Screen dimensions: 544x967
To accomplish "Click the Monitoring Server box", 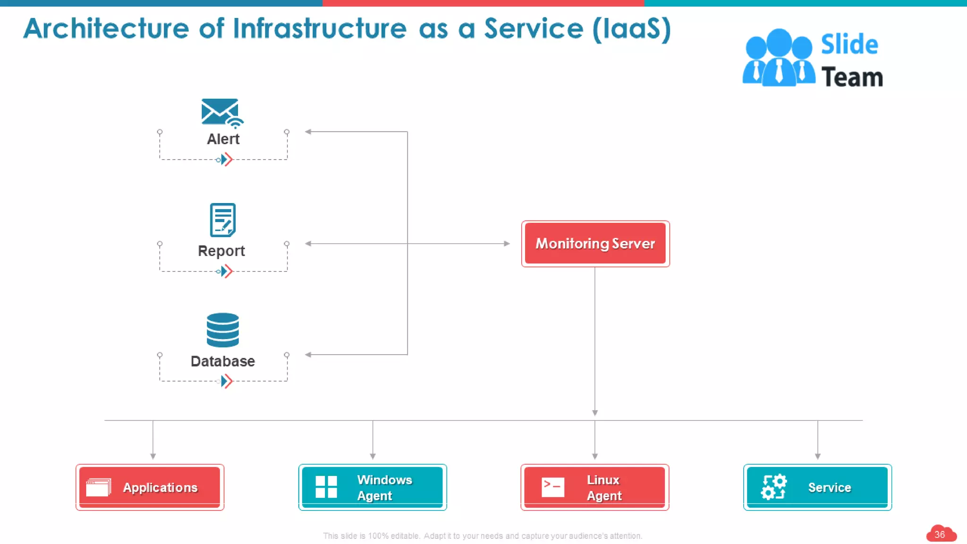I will tap(595, 244).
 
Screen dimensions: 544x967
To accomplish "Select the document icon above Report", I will tap(222, 220).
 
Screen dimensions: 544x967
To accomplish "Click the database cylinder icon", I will tap(223, 330).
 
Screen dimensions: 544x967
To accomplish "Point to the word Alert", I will tap(223, 139).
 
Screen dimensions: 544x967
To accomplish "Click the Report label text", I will tap(221, 251).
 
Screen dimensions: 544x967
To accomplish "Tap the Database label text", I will tap(222, 361).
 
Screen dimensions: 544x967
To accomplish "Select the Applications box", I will tap(150, 487).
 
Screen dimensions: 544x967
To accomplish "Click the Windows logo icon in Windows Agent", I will tap(326, 487).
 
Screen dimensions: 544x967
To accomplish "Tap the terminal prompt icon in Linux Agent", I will tap(552, 487).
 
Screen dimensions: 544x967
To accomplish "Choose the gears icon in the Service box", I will tap(773, 487).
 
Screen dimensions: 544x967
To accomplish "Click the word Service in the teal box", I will tap(829, 487).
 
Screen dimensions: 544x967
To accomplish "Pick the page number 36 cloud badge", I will tap(940, 534).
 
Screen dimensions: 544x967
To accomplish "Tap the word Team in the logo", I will tap(852, 77).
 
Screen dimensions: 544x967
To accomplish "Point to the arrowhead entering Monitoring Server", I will tap(507, 244).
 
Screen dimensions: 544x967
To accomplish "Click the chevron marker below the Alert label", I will tap(227, 160).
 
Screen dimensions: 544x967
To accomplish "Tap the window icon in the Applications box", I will tap(99, 487).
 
